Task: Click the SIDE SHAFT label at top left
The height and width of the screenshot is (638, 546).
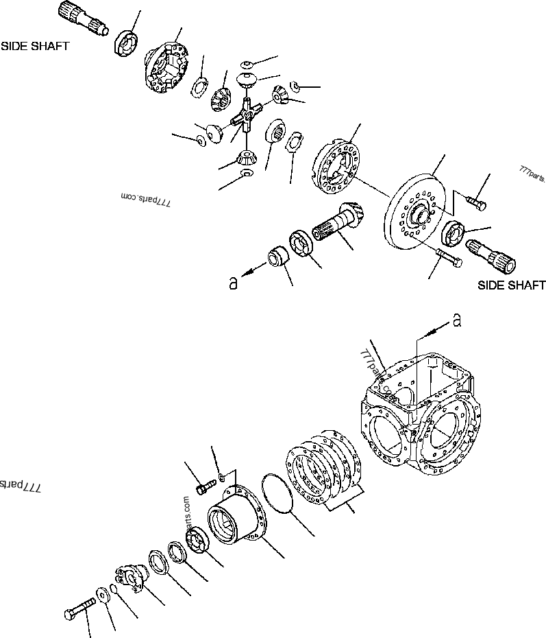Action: tap(35, 47)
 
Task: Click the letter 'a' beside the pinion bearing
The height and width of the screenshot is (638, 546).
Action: tap(233, 282)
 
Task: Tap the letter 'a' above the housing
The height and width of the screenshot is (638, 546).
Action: tap(456, 318)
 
